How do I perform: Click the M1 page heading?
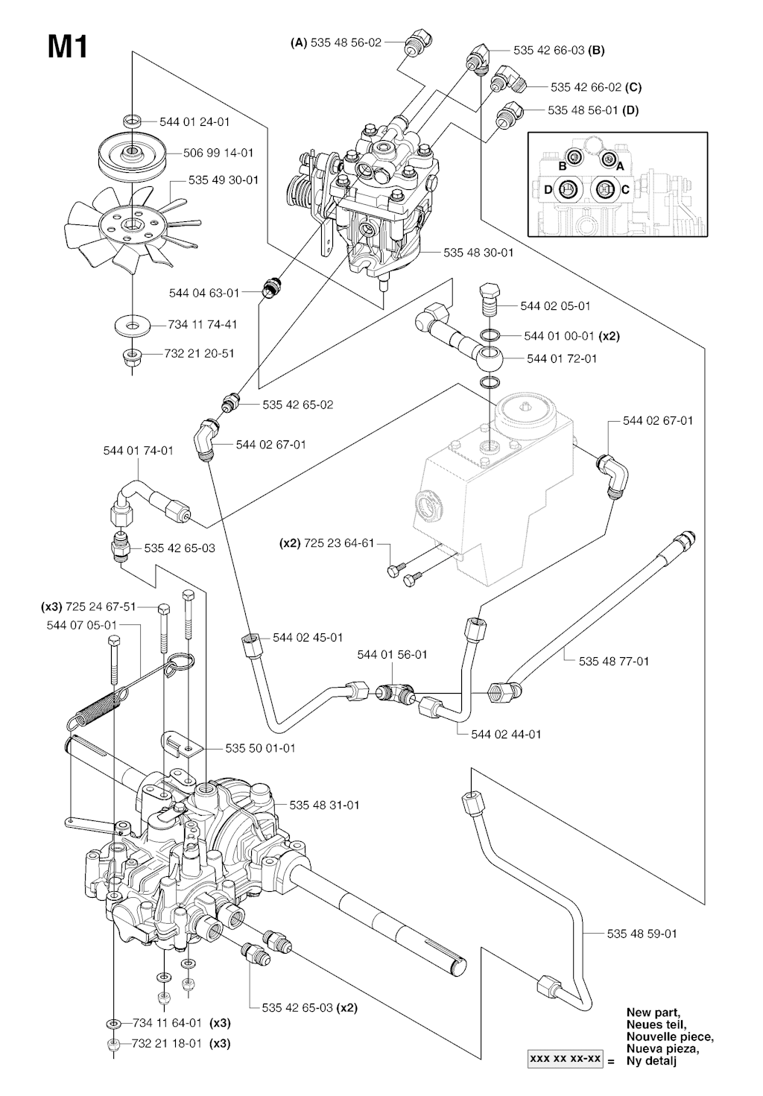pyautogui.click(x=68, y=48)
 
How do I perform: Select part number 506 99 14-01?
pyautogui.click(x=218, y=153)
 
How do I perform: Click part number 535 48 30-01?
pyautogui.click(x=478, y=253)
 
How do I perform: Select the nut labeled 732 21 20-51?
pyautogui.click(x=132, y=355)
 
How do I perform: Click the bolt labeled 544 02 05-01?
pyautogui.click(x=490, y=297)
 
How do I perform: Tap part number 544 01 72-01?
pyautogui.click(x=562, y=358)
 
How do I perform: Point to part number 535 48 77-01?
pyautogui.click(x=613, y=661)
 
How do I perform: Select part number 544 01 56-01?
pyautogui.click(x=392, y=654)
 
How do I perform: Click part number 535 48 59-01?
pyautogui.click(x=642, y=933)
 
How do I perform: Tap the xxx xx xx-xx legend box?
pyautogui.click(x=566, y=1059)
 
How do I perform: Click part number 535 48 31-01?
pyautogui.click(x=324, y=805)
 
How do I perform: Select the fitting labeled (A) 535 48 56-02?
pyautogui.click(x=414, y=44)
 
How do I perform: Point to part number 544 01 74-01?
pyautogui.click(x=138, y=450)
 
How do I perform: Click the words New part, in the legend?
pyautogui.click(x=653, y=1012)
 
